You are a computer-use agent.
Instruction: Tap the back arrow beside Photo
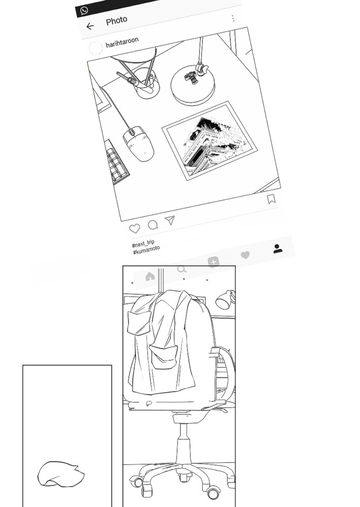pyautogui.click(x=90, y=26)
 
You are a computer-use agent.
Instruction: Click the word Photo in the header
pyautogui.click(x=117, y=21)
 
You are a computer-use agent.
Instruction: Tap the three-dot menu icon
pyautogui.click(x=233, y=18)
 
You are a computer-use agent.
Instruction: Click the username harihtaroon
pyautogui.click(x=122, y=42)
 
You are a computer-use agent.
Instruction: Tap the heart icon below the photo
pyautogui.click(x=134, y=229)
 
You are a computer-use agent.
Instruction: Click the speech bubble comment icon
pyautogui.click(x=153, y=225)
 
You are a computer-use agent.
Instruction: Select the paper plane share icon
pyautogui.click(x=170, y=220)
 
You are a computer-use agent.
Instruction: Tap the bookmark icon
pyautogui.click(x=271, y=199)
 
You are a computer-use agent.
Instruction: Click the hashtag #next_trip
pyautogui.click(x=143, y=243)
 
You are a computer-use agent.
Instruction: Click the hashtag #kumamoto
pyautogui.click(x=146, y=250)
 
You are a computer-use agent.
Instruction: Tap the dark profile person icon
pyautogui.click(x=277, y=248)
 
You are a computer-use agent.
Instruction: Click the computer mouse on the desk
pyautogui.click(x=138, y=143)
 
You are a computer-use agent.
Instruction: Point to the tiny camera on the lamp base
pyautogui.click(x=191, y=78)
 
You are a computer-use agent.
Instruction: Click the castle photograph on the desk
pyautogui.click(x=209, y=140)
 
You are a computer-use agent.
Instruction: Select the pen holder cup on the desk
pyautogui.click(x=147, y=83)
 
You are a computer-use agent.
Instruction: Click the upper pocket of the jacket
pyautogui.click(x=139, y=322)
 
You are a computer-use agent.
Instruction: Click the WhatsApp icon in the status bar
pyautogui.click(x=84, y=11)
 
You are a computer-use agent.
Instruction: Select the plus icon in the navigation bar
pyautogui.click(x=213, y=262)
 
